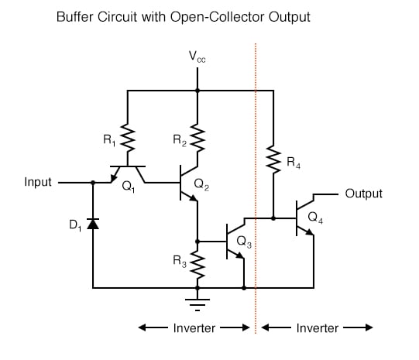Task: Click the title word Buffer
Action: [x=75, y=16]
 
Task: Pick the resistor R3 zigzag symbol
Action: [x=197, y=263]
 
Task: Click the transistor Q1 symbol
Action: [x=125, y=174]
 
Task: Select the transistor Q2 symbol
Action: [x=190, y=183]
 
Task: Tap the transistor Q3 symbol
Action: [x=235, y=242]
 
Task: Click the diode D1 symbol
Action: [x=93, y=224]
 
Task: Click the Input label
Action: [x=39, y=183]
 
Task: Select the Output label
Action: [x=363, y=194]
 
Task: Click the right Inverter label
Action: [x=318, y=328]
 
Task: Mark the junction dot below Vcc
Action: [x=197, y=91]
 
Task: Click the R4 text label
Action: [x=291, y=163]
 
